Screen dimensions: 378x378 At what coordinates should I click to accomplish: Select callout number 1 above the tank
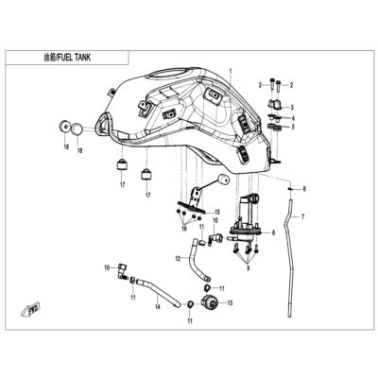click(x=231, y=71)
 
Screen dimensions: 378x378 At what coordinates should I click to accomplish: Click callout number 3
click(x=292, y=108)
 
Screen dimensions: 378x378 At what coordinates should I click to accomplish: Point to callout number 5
click(x=293, y=127)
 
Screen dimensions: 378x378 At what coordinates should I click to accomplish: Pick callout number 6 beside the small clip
click(x=304, y=189)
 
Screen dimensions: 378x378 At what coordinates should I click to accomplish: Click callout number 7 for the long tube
click(x=302, y=216)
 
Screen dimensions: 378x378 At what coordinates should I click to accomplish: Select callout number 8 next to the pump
click(x=273, y=233)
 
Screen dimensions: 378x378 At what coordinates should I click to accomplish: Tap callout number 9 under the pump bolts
click(x=248, y=268)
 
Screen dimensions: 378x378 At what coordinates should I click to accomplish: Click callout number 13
click(x=230, y=303)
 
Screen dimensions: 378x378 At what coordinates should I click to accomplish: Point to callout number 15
click(x=217, y=212)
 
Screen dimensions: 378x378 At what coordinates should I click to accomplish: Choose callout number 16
click(x=184, y=228)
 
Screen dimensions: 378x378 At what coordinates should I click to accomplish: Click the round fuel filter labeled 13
click(x=211, y=302)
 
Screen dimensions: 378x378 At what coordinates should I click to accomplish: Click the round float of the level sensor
click(x=223, y=180)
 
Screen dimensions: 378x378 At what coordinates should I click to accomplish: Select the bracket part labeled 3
click(x=275, y=104)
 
